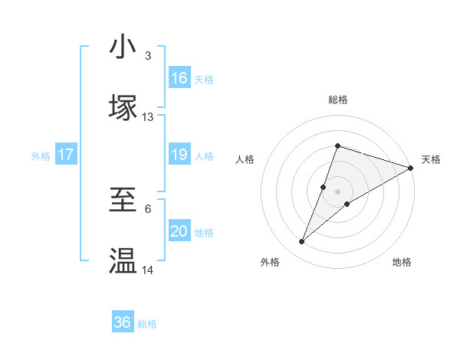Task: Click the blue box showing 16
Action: [179, 78]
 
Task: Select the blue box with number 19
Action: [179, 155]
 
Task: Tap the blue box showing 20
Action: [179, 231]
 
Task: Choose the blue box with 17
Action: [66, 155]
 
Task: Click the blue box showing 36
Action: [123, 322]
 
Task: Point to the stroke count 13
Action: [148, 117]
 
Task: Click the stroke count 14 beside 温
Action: [148, 270]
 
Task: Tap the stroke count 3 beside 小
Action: [148, 56]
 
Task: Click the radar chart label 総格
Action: [337, 100]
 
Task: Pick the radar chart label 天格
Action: [431, 159]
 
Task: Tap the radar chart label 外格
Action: [270, 262]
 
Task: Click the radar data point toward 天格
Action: [411, 168]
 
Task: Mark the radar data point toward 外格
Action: [302, 242]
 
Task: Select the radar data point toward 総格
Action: [337, 146]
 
